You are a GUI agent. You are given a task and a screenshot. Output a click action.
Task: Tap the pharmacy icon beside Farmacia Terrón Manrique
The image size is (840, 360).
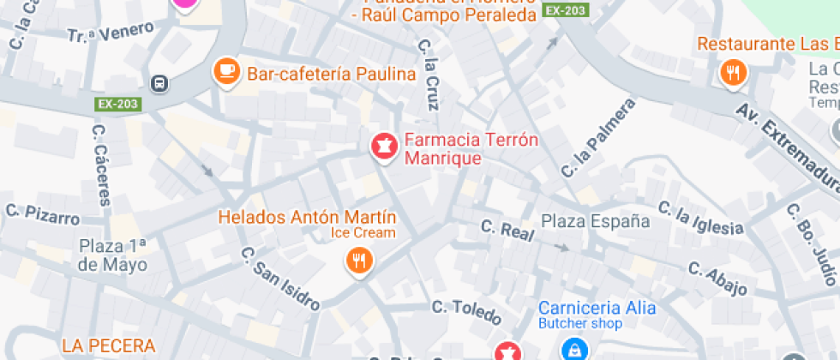coord(383,146)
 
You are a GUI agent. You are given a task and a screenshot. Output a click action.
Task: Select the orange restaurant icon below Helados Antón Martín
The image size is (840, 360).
coord(359,260)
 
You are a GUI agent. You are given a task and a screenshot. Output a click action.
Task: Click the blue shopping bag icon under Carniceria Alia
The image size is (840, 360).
coord(573,349)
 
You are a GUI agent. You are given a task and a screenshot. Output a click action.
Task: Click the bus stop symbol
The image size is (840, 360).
coord(159,83)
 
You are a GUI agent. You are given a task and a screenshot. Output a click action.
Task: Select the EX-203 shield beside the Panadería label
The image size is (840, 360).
coord(566,11)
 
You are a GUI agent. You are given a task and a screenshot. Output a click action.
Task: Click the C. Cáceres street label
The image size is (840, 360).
coord(101,165)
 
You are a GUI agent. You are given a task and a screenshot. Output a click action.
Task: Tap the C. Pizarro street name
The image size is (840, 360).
coord(42,213)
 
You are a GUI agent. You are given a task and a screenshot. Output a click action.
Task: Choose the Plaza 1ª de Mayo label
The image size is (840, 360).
coord(113,255)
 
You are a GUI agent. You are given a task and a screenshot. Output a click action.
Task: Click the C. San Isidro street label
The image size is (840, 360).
coord(279,279)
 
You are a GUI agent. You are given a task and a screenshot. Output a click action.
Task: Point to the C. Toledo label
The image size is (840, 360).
coord(465,312)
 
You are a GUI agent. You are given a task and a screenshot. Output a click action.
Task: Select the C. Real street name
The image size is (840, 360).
coord(507,230)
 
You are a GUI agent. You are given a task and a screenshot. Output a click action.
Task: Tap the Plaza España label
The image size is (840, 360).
coord(595,221)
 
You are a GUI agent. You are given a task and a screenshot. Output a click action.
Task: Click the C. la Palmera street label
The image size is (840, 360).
coord(598,138)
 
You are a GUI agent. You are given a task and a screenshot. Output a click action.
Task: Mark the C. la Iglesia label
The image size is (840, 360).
coord(700,218)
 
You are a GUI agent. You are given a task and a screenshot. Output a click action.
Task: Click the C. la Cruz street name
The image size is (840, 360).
coord(429,75)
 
